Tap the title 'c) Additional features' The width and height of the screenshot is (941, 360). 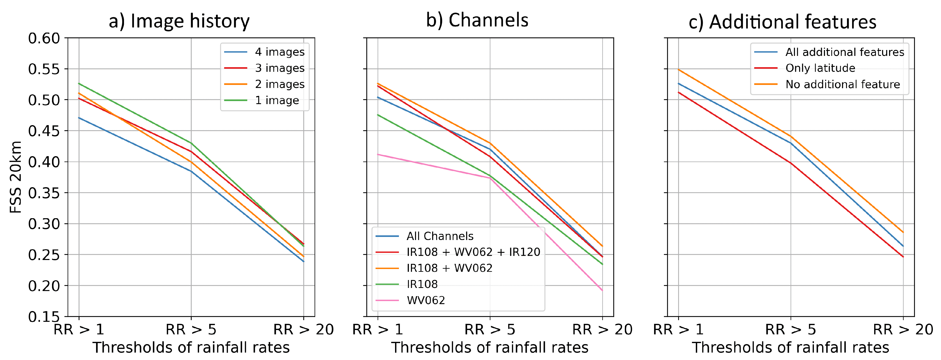click(x=782, y=22)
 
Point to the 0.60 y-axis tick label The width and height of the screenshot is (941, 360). click(x=44, y=38)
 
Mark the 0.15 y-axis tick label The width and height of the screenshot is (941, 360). click(x=44, y=316)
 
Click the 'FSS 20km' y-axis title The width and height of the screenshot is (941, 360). click(x=16, y=177)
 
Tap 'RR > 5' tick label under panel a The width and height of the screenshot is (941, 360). click(x=191, y=330)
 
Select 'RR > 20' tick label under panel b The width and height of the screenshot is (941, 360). click(x=602, y=330)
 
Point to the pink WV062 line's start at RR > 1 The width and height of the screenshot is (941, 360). click(x=378, y=154)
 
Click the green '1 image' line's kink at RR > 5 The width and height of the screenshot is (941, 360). click(x=191, y=143)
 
